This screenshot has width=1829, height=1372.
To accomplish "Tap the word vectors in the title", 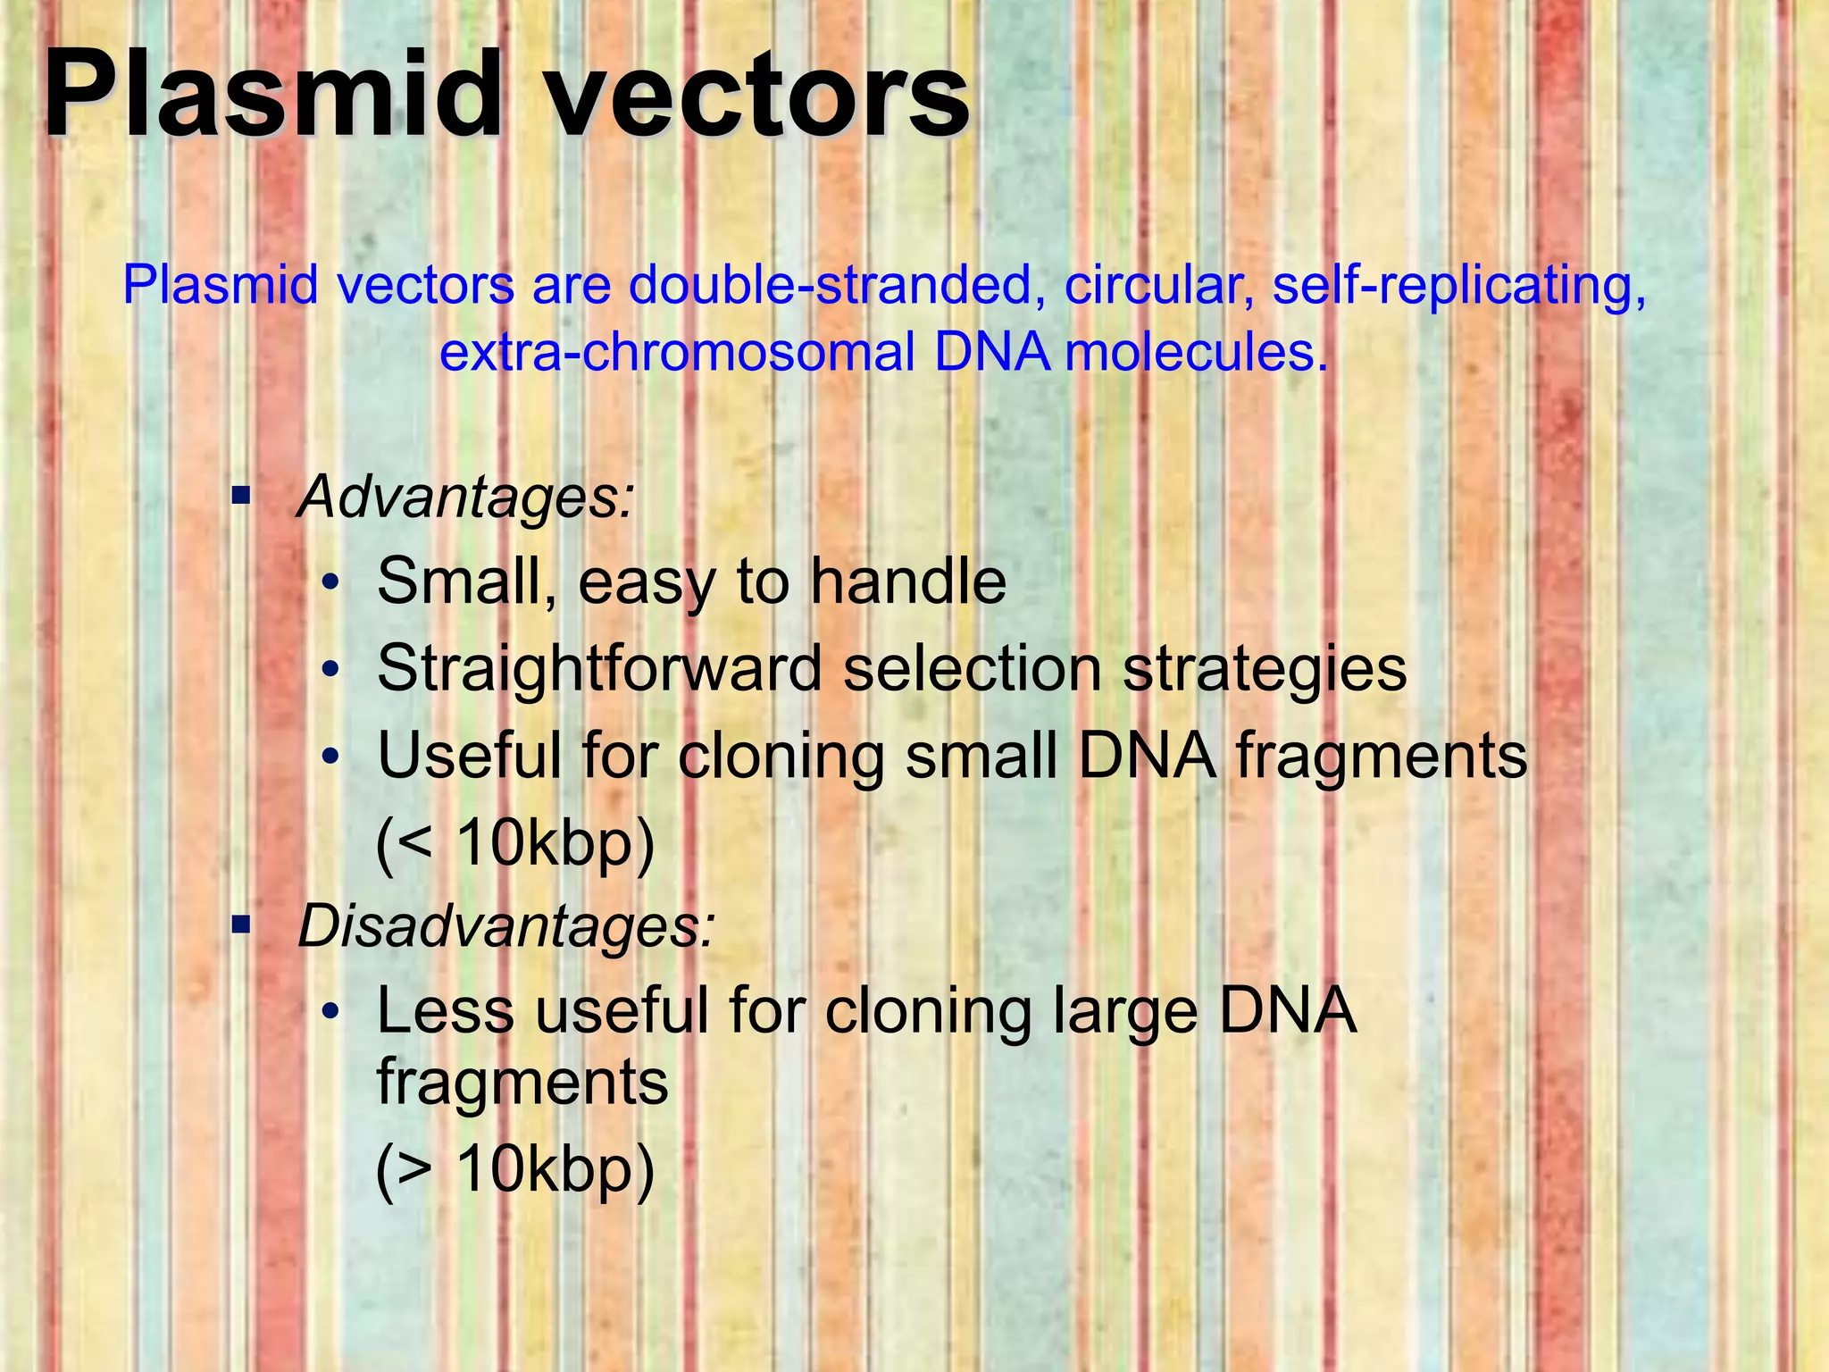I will point(756,96).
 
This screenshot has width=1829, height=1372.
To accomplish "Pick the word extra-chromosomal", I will point(677,353).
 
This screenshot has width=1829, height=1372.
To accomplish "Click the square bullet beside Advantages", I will point(240,494).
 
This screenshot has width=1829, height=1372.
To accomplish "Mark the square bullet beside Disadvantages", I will point(240,924).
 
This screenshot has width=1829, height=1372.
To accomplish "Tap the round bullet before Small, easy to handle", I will point(330,583).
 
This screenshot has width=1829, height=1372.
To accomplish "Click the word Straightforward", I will point(599,669).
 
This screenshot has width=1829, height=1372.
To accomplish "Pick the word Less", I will point(446,1012).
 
